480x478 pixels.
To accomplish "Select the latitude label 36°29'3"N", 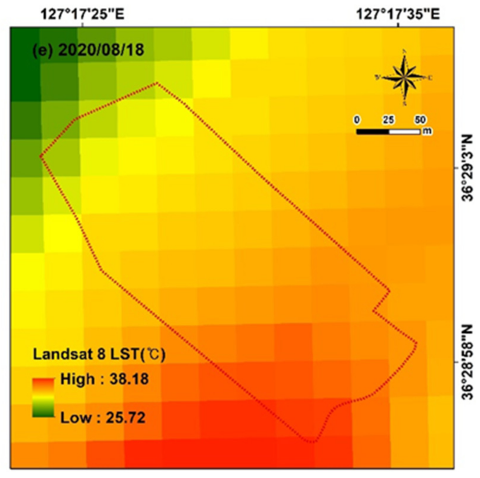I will click(x=467, y=168).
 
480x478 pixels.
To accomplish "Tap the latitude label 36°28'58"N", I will click(x=467, y=362).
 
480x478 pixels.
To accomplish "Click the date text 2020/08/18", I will click(x=101, y=50).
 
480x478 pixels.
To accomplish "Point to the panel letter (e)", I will click(x=44, y=50).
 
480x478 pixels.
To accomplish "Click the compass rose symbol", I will click(x=404, y=78).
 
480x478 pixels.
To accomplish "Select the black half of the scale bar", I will click(x=372, y=132).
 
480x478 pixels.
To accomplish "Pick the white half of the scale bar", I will click(x=404, y=132).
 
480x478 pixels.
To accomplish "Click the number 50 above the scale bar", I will click(x=420, y=120).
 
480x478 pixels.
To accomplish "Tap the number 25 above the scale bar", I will click(x=388, y=120).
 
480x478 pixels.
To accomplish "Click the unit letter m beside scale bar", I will click(x=427, y=131).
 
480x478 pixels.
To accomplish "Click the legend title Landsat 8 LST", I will click(x=99, y=354).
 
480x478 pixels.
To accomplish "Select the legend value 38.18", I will click(x=129, y=379).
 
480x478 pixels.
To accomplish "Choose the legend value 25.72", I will click(x=126, y=418).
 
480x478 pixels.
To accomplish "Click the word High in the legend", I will click(x=77, y=379).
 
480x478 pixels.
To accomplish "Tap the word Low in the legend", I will click(x=75, y=418).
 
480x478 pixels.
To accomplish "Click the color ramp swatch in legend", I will click(x=43, y=397).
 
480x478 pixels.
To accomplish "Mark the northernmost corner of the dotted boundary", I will click(x=157, y=83).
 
